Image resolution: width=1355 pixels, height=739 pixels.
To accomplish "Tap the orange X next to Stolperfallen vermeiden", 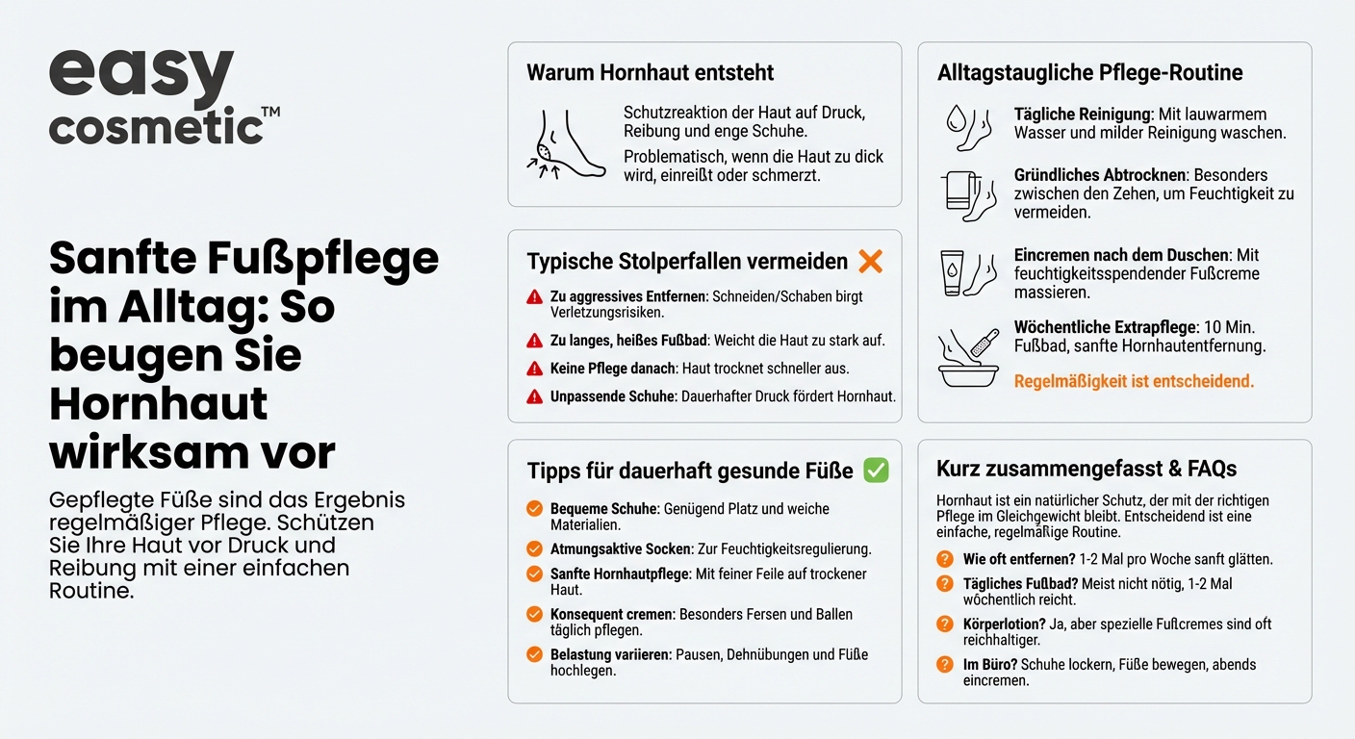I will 870,261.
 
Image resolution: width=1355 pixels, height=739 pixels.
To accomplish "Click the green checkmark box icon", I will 876,471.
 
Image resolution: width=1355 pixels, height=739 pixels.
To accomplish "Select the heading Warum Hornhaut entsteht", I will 651,73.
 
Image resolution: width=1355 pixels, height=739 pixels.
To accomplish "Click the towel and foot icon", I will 967,195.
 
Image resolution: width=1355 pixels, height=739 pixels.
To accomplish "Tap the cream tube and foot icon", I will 967,272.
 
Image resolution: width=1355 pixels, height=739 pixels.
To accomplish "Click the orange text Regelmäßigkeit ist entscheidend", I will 1134,382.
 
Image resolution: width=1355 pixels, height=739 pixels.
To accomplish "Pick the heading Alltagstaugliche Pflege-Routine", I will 1090,73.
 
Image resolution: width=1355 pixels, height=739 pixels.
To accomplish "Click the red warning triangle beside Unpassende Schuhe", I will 535,396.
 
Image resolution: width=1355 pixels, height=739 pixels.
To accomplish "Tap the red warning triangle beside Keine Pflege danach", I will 535,369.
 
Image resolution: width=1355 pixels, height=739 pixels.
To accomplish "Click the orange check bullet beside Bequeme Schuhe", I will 534,509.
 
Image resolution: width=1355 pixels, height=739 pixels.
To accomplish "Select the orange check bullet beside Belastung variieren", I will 534,655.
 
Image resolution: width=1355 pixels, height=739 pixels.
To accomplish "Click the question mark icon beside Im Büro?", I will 945,665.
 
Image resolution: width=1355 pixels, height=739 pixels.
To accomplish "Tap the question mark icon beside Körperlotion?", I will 945,624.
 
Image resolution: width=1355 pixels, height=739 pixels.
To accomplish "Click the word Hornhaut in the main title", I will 159,404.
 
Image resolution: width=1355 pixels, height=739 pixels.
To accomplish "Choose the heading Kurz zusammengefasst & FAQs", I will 1087,470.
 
